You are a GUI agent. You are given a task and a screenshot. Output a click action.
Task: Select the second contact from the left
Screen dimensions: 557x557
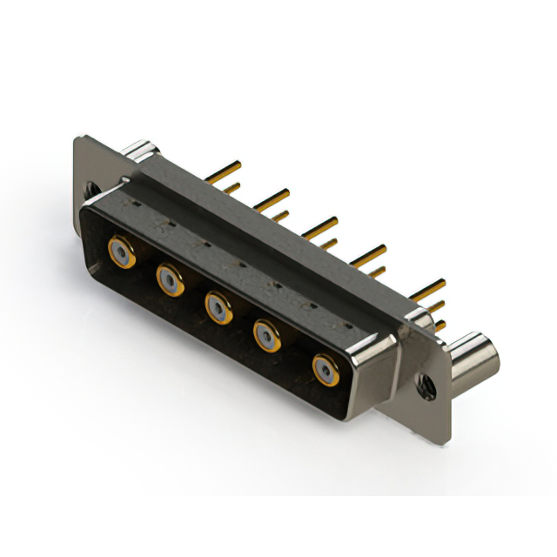point(169,278)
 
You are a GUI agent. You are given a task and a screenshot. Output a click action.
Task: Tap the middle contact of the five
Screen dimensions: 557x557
point(217,305)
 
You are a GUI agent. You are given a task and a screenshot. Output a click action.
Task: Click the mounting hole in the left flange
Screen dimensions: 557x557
point(90,188)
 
